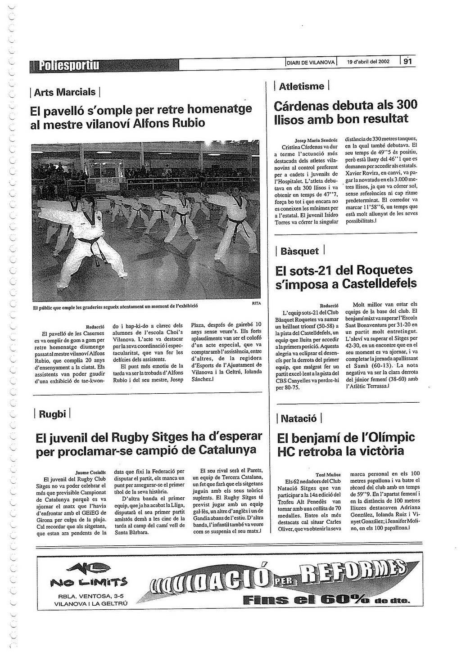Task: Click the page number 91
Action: point(407,62)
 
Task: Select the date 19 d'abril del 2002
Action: point(368,62)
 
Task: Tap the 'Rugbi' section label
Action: point(52,414)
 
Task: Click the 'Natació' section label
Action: point(298,418)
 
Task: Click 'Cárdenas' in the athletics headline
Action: point(302,106)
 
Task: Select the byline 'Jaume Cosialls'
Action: point(90,472)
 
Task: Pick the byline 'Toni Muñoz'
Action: point(328,474)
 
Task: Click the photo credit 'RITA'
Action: point(256,304)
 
